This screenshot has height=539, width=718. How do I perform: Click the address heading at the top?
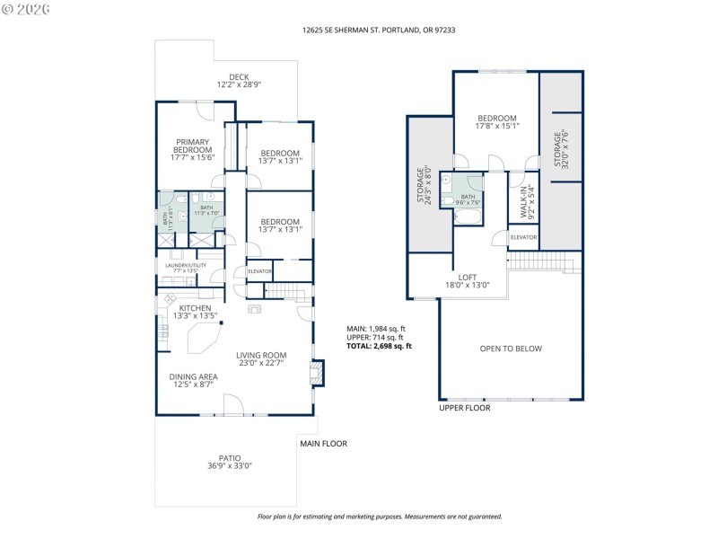(x=359, y=30)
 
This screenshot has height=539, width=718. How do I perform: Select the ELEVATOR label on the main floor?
(x=260, y=271)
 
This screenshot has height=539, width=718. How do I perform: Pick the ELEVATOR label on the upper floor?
(x=523, y=237)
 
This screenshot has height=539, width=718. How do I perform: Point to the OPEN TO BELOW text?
(x=511, y=349)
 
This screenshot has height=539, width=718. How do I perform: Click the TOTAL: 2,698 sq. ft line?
(x=379, y=346)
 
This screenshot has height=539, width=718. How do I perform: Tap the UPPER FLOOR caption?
(x=464, y=408)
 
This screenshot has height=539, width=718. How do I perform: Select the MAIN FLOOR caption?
(x=323, y=444)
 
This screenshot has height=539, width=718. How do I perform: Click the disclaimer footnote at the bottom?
(x=380, y=517)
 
